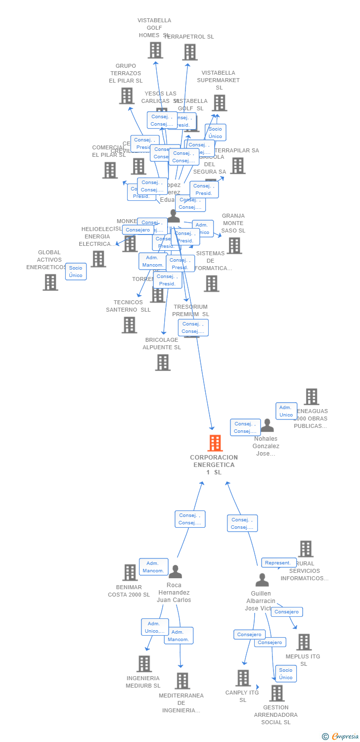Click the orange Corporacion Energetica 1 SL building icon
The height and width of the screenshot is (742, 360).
(x=215, y=443)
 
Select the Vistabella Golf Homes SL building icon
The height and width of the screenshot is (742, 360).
(x=155, y=50)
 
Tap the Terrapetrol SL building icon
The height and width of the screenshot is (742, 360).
(x=189, y=52)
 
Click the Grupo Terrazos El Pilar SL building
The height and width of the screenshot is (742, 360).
(x=127, y=95)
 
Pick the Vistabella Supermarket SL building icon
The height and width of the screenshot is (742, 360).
(x=219, y=102)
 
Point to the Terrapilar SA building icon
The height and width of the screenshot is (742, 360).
(x=237, y=166)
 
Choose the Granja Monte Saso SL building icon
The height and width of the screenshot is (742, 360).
(x=234, y=245)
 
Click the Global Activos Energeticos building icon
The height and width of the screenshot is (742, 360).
(x=50, y=282)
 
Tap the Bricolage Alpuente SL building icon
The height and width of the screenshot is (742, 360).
(x=163, y=362)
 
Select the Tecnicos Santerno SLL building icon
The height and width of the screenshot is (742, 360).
(x=129, y=325)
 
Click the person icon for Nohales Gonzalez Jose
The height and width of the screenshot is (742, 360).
(x=267, y=425)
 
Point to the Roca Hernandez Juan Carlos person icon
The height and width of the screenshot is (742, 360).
(x=175, y=572)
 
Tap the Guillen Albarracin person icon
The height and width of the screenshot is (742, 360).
(x=262, y=580)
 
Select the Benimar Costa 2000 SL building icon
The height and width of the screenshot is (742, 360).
(x=130, y=572)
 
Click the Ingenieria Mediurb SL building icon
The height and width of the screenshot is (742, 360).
(x=143, y=663)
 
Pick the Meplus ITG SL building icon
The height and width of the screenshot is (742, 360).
(x=304, y=642)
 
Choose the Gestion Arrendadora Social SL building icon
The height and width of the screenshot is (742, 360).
(x=276, y=693)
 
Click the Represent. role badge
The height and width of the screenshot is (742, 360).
(x=279, y=563)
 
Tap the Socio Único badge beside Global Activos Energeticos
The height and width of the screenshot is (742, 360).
(x=76, y=272)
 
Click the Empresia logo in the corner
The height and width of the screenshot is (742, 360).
(x=341, y=737)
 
